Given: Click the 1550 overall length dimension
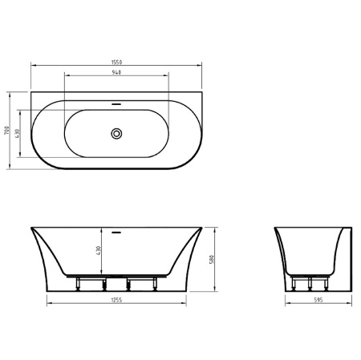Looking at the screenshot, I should [x=117, y=62].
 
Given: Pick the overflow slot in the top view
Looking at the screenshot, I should [x=117, y=104].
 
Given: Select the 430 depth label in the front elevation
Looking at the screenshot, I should [x=99, y=252].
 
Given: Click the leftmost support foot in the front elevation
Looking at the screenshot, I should [x=76, y=284].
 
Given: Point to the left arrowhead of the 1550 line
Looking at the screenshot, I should [x=32, y=66].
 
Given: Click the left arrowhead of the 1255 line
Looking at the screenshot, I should [x=47, y=303].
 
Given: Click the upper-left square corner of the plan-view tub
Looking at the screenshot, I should [x=32, y=91].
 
